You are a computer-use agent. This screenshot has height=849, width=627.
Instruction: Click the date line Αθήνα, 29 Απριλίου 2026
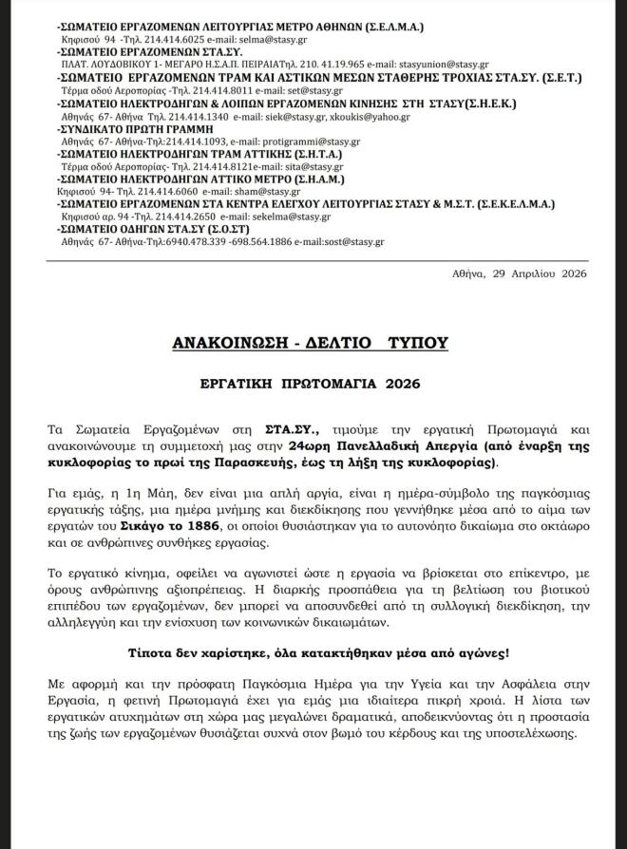click(520, 274)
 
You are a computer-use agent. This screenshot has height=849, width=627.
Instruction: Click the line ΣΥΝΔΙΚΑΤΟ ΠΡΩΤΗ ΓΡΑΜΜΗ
click(129, 129)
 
